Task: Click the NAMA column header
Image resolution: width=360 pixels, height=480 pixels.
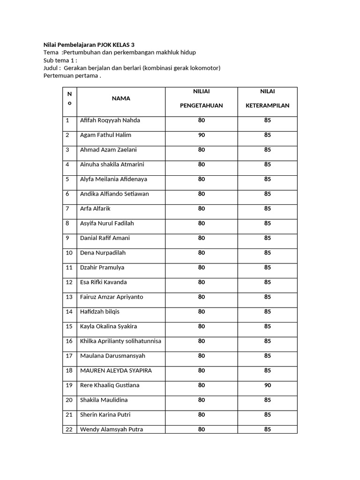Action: pos(121,98)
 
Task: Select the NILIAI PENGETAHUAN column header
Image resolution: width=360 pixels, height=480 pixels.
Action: pos(201,98)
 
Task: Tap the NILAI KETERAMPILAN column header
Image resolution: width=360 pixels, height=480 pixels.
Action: pos(267,98)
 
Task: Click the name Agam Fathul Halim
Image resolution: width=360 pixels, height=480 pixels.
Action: pos(105,135)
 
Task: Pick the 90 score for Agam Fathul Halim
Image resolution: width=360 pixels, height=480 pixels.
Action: pos(201,135)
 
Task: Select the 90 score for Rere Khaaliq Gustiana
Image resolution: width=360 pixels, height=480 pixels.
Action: pos(267,385)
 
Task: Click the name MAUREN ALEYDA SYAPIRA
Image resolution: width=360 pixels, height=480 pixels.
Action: pos(116,370)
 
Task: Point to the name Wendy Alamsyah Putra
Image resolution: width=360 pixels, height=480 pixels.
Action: pos(112,429)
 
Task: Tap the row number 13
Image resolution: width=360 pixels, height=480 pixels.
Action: pos(69,297)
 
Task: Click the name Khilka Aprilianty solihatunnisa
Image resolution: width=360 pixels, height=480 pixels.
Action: pos(120,341)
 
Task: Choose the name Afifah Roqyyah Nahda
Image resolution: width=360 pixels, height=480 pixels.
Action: pos(110,120)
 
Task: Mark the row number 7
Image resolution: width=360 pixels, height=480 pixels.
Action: pos(67,209)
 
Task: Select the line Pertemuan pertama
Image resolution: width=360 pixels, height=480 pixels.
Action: pos(72,76)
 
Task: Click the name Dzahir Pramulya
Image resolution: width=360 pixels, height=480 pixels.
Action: pos(102,268)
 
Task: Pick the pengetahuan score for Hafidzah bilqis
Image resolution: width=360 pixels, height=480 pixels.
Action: pos(201,311)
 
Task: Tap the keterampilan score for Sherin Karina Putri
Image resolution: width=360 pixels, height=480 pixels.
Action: pos(267,414)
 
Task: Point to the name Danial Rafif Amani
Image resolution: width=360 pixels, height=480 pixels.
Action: pos(105,238)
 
